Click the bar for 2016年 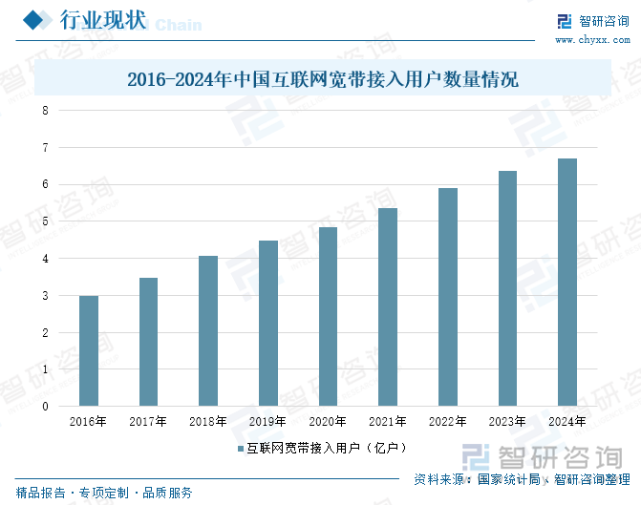(89, 350)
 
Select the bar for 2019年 (268, 323)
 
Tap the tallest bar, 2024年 (566, 282)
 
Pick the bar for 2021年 (388, 306)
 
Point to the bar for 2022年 (447, 297)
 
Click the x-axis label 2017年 (148, 421)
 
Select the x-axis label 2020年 (328, 421)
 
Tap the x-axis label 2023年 (506, 421)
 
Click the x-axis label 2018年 (208, 421)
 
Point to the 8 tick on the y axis (44, 111)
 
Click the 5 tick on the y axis (44, 221)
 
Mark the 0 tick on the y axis (44, 407)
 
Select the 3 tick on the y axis (44, 296)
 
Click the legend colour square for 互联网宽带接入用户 (241, 447)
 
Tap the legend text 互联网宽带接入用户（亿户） (328, 447)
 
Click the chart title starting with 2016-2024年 (322, 79)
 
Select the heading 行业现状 (102, 21)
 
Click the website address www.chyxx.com (592, 41)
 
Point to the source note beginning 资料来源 (522, 479)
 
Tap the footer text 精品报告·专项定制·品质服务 (104, 493)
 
